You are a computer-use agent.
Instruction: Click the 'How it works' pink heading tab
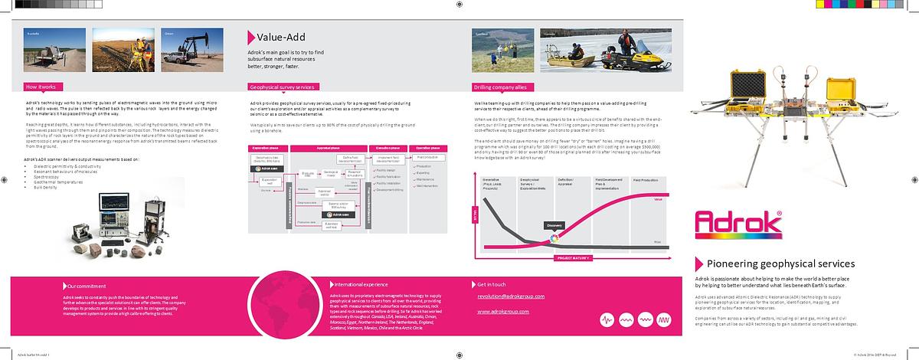[43, 87]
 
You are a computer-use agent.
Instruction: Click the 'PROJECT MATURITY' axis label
[570, 259]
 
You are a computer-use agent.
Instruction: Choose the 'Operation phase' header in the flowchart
[432, 147]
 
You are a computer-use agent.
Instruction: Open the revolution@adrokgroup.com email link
[510, 296]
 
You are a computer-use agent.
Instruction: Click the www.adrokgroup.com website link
[505, 312]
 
